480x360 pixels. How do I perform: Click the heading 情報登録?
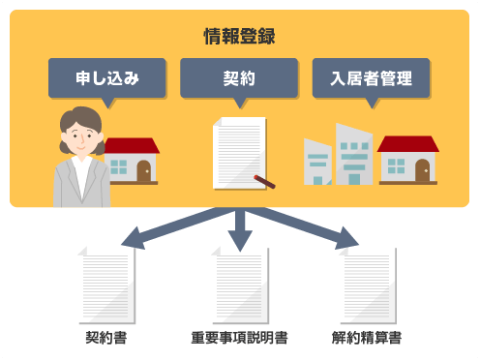click(239, 38)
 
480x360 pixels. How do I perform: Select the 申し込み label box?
click(106, 77)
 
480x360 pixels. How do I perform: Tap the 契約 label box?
click(239, 77)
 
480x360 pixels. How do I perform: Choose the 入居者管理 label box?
click(371, 77)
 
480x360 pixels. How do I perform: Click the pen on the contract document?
click(265, 180)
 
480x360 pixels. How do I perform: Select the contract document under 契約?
click(237, 152)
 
